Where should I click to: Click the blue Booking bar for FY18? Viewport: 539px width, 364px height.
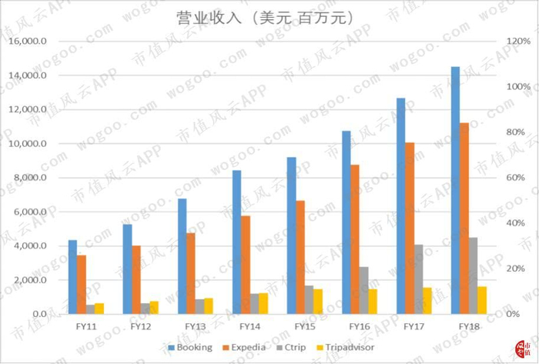(x=456, y=190)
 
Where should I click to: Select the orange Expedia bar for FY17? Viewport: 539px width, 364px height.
(x=410, y=228)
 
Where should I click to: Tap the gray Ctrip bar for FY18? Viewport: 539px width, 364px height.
(x=474, y=276)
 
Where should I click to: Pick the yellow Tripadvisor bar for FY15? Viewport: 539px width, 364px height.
(x=318, y=302)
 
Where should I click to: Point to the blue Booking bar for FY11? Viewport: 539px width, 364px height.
(x=72, y=277)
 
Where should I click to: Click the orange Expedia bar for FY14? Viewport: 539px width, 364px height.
(x=246, y=265)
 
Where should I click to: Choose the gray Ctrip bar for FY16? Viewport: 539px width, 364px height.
(x=364, y=291)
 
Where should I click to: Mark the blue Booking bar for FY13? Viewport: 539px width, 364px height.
(x=182, y=256)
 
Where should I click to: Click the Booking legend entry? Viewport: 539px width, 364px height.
(x=190, y=348)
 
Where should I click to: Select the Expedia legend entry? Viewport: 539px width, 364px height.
(x=244, y=348)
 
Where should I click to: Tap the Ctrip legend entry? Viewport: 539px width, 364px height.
(x=291, y=348)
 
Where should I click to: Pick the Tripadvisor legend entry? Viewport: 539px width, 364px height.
(x=345, y=348)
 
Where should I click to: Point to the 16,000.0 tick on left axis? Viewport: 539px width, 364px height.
(x=28, y=42)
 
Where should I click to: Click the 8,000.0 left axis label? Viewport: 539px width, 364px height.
(x=30, y=178)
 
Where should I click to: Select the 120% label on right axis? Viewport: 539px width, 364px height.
(x=519, y=42)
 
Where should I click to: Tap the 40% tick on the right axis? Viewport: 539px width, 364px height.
(x=515, y=223)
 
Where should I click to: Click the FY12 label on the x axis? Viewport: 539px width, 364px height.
(x=141, y=326)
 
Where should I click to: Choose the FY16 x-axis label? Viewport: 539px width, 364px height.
(x=360, y=326)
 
